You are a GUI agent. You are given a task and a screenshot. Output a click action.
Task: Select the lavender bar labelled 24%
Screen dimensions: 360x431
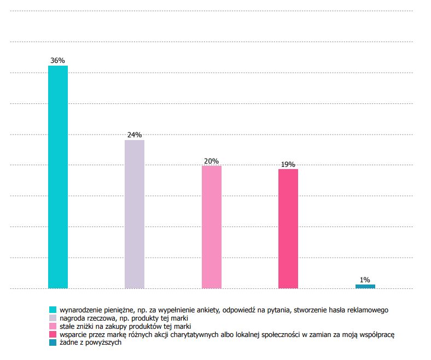[x=135, y=214]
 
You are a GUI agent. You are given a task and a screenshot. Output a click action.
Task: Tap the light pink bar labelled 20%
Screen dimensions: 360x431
[x=212, y=227]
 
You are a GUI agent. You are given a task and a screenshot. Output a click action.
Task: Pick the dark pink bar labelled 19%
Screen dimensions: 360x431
[x=288, y=228]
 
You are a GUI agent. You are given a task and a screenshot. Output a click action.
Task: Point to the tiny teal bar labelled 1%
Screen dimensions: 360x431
[x=365, y=286]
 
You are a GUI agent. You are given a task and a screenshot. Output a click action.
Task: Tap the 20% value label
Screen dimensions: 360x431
[x=212, y=161]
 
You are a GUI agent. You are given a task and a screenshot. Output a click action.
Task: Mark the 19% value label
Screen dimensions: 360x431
[x=288, y=164]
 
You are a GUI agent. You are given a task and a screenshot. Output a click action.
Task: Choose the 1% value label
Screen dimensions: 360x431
[x=365, y=280]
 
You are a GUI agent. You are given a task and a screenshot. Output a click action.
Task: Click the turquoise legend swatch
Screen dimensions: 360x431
[x=53, y=310]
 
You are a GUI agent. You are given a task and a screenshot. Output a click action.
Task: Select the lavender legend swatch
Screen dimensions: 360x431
[x=53, y=318]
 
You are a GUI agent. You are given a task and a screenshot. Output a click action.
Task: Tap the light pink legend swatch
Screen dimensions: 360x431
[x=53, y=326]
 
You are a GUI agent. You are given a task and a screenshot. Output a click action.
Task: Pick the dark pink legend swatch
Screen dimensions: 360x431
[x=53, y=334]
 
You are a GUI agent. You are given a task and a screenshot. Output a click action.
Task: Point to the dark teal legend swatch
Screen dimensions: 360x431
[x=53, y=342]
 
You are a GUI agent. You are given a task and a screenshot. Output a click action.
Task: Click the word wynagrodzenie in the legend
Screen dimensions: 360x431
[x=80, y=310]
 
